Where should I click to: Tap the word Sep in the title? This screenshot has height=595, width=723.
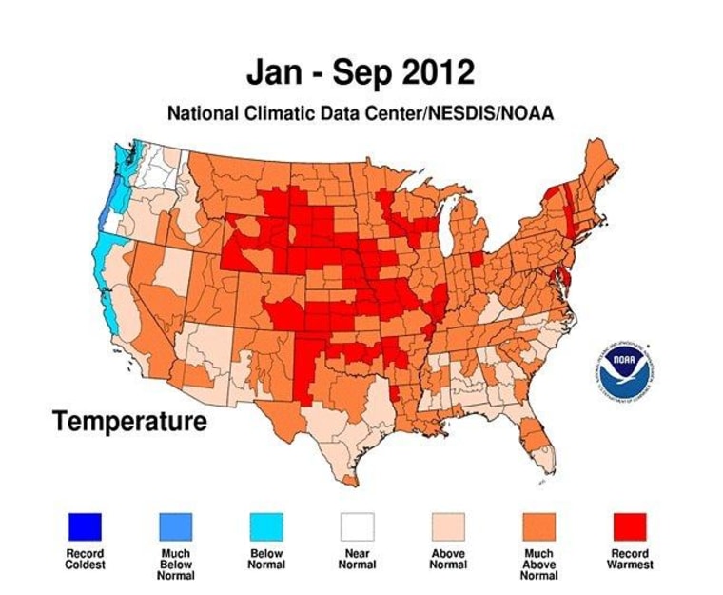[x=358, y=73]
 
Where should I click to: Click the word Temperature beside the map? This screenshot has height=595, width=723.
[x=129, y=420]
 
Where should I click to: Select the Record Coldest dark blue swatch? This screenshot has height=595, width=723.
[x=85, y=525]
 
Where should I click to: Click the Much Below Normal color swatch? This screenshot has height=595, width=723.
[x=175, y=525]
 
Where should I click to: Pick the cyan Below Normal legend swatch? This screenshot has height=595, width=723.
[x=265, y=525]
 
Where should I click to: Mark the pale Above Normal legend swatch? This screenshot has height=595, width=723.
[x=447, y=525]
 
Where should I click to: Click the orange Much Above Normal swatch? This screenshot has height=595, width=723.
[x=537, y=525]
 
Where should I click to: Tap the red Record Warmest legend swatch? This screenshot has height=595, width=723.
[x=628, y=525]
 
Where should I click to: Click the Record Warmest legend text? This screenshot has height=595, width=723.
[x=628, y=559]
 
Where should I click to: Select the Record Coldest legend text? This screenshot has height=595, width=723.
[x=85, y=559]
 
